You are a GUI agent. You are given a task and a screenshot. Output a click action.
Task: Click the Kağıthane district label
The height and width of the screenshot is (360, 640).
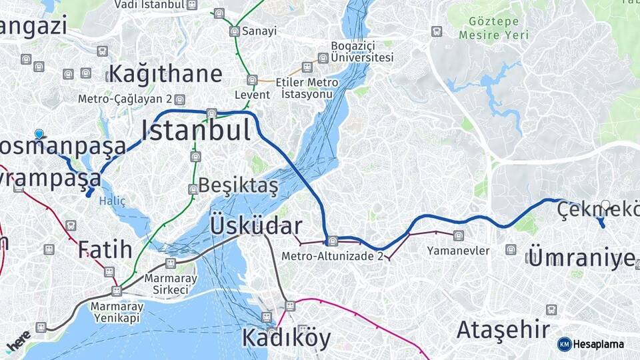pyautogui.click(x=165, y=73)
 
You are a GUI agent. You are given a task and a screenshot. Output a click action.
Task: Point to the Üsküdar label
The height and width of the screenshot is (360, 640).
pyautogui.click(x=256, y=226)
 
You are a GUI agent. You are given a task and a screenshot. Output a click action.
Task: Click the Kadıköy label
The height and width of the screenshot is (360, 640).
pyautogui.click(x=285, y=339)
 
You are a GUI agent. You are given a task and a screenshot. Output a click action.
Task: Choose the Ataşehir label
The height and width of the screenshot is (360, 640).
pyautogui.click(x=503, y=329)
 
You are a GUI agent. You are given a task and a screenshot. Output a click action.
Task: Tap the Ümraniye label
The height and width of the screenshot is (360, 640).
pyautogui.click(x=581, y=257)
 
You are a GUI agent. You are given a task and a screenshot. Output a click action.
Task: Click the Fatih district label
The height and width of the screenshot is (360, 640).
pyautogui.click(x=105, y=249)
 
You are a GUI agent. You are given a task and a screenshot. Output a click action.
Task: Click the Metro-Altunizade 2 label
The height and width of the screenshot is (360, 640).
pyautogui.click(x=332, y=255)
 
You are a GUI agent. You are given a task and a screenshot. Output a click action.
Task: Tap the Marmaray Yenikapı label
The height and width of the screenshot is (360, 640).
pyautogui.click(x=117, y=312)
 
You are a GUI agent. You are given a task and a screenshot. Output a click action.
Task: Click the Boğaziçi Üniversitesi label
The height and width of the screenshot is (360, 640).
pyautogui.click(x=363, y=52)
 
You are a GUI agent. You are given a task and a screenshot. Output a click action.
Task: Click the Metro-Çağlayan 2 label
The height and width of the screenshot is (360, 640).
pyautogui.click(x=125, y=99)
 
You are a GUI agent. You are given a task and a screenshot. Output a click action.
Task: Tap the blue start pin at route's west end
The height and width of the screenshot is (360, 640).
pyautogui.click(x=39, y=134)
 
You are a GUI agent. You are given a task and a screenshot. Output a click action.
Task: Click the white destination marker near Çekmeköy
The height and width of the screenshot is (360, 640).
pyautogui.click(x=605, y=205)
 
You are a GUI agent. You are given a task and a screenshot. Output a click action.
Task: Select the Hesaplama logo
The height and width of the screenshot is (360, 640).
pyautogui.click(x=591, y=344)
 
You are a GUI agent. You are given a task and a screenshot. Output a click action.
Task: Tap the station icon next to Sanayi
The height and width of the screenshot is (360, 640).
pyautogui.click(x=234, y=31)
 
